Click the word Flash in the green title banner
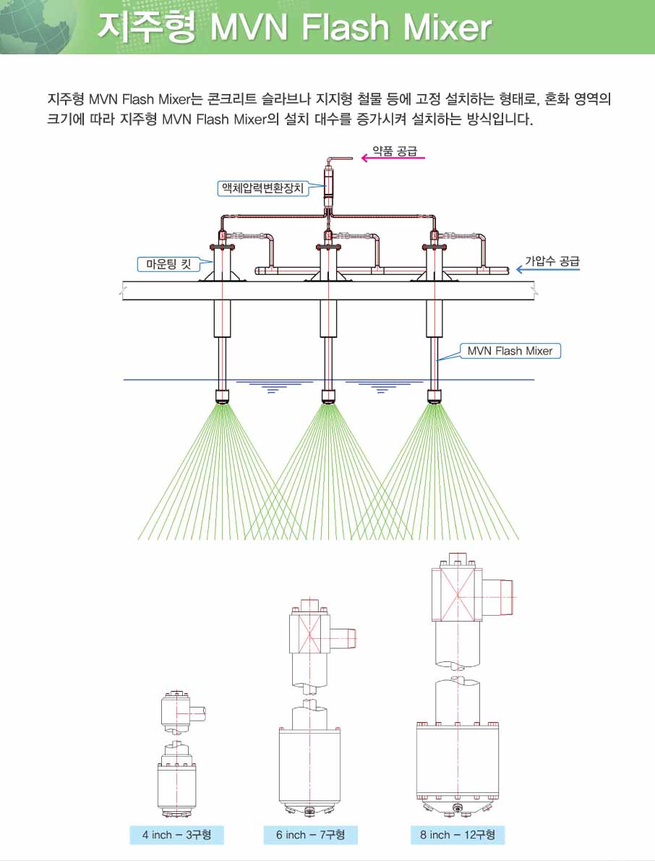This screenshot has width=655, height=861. click(345, 27)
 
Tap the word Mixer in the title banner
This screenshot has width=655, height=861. click(447, 27)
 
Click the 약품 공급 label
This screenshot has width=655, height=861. click(395, 151)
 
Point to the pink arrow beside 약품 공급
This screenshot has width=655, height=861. click(393, 158)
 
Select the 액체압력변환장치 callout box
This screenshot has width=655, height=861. click(262, 188)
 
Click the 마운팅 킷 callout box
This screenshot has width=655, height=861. click(168, 264)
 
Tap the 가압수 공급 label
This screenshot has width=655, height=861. click(552, 260)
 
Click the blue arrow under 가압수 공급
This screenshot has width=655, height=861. click(547, 270)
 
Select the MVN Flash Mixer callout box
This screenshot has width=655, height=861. click(510, 351)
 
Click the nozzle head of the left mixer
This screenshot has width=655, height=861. click(222, 396)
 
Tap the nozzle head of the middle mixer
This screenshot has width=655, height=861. click(328, 396)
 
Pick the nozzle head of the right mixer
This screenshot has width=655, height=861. click(434, 396)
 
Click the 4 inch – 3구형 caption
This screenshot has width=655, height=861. click(177, 835)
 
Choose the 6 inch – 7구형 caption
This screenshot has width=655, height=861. click(310, 835)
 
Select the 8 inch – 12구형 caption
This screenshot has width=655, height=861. click(458, 835)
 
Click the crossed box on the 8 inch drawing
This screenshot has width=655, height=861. click(457, 593)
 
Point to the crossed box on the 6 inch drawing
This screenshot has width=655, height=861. click(310, 637)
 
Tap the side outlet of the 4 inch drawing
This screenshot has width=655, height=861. click(197, 713)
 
